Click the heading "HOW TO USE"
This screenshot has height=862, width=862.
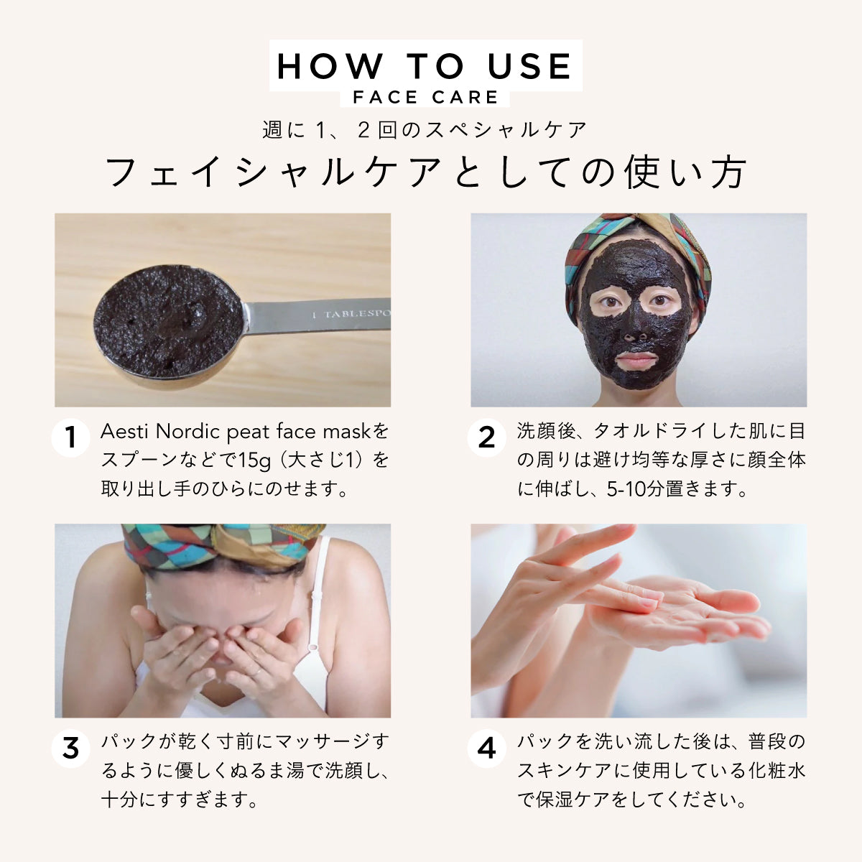[x=425, y=67]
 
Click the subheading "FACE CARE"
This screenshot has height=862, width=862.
[x=425, y=98]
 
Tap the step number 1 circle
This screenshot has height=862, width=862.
[x=70, y=437]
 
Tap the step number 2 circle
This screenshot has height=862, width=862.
[x=486, y=437]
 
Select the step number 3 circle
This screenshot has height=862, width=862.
[x=70, y=749]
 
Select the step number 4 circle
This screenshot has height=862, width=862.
[x=486, y=749]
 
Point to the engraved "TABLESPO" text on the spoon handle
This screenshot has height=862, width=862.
[x=356, y=315]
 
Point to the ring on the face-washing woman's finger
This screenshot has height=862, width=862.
[x=256, y=672]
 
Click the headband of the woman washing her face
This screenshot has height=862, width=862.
[x=223, y=542]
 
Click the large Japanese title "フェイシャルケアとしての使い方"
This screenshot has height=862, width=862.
[x=425, y=172]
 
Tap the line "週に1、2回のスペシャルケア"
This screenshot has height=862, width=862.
[x=425, y=130]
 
